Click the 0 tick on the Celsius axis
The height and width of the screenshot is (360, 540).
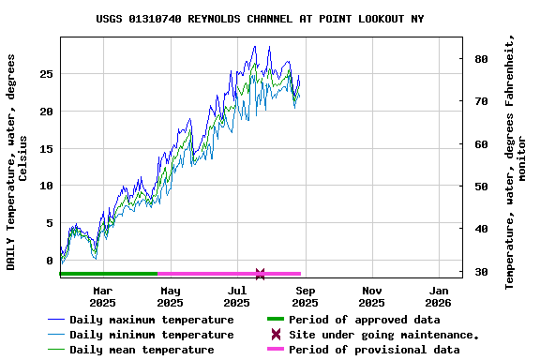(50, 261)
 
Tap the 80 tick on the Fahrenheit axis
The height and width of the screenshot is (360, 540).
(482, 59)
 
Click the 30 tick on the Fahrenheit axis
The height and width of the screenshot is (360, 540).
(482, 272)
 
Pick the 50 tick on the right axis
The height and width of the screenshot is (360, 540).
(482, 187)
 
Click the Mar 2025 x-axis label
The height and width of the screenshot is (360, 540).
(102, 295)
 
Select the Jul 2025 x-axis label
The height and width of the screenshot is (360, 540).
(237, 295)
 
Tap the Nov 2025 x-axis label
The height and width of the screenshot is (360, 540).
(371, 295)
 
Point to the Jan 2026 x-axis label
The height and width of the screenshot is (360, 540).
(439, 295)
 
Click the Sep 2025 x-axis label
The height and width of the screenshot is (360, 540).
(305, 295)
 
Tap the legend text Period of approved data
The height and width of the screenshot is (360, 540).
(365, 320)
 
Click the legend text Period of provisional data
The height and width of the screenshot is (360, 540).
(374, 350)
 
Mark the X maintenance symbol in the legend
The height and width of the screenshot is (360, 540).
(276, 335)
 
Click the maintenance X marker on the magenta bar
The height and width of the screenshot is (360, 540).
(260, 274)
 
